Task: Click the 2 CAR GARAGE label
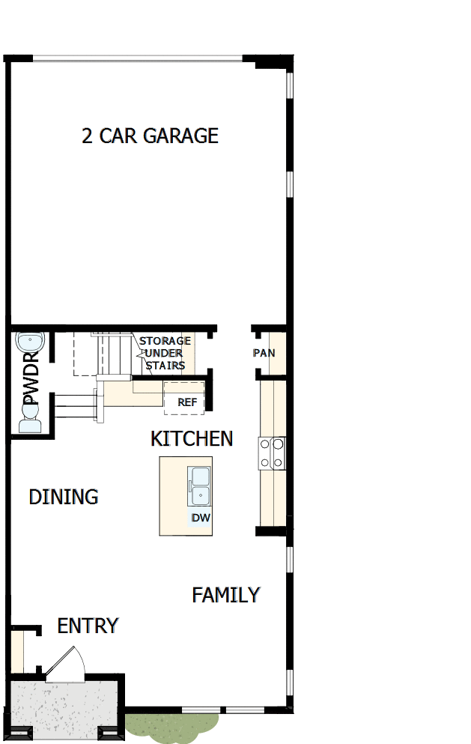click(150, 136)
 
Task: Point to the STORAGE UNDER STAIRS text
click(164, 353)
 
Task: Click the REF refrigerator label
click(187, 402)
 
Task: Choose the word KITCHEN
click(192, 438)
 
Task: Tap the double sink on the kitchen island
click(201, 486)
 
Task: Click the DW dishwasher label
click(200, 518)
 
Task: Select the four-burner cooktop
click(272, 453)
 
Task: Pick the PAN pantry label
click(264, 352)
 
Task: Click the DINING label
click(64, 497)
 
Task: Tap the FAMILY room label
click(226, 595)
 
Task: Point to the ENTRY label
click(88, 626)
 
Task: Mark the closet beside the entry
click(16, 652)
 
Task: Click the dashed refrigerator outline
click(184, 397)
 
